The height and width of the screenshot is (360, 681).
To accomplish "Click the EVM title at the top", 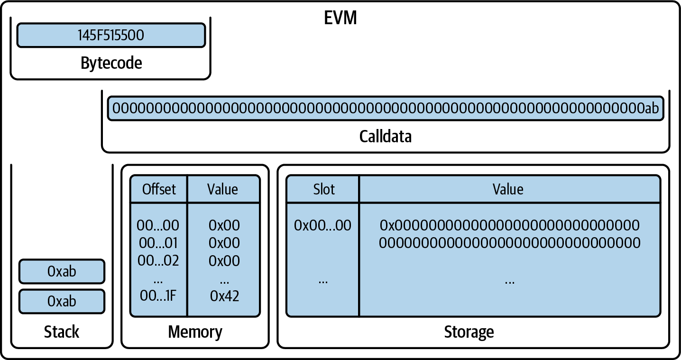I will [340, 18].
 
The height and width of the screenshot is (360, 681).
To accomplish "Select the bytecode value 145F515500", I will [111, 36].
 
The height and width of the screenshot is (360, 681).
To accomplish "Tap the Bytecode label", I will [111, 63].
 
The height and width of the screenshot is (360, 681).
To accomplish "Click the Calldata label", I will [385, 137].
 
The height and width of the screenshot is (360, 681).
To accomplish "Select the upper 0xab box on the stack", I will [62, 271].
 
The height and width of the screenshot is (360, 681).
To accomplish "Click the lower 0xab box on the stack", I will [62, 301].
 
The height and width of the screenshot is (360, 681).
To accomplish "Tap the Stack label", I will [62, 332].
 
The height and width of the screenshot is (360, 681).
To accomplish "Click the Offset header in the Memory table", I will [159, 189].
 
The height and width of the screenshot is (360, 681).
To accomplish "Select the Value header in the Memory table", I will [222, 189].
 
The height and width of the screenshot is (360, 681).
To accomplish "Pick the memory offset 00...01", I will [158, 243].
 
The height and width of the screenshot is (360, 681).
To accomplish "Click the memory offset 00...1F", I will [158, 296].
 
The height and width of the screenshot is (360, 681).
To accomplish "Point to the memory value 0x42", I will [224, 296].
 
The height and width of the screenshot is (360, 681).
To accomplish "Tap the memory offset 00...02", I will [158, 260].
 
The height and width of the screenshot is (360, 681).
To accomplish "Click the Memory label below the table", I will [195, 332].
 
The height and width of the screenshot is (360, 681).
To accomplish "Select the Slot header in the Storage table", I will [324, 189].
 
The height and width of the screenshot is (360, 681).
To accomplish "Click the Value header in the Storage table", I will [508, 189].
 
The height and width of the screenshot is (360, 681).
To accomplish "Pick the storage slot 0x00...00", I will [322, 225].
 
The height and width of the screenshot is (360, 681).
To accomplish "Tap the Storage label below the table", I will [469, 332].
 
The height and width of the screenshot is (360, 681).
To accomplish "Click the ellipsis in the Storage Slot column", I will [323, 281].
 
